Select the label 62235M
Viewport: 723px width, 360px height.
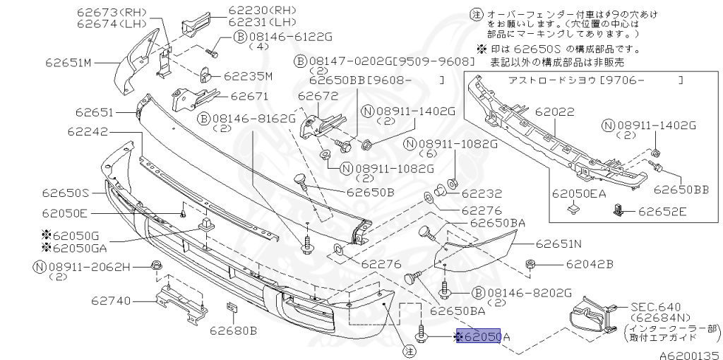tap(248, 76)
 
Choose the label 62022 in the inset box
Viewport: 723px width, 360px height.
tap(554, 112)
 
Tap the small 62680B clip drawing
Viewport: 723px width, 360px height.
tap(230, 308)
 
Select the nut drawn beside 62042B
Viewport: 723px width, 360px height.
tap(530, 265)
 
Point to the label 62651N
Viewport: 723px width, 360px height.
tap(558, 245)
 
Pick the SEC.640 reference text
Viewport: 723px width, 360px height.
tap(655, 306)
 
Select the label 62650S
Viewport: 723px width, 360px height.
tap(65, 192)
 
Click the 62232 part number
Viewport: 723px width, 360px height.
tap(482, 193)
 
